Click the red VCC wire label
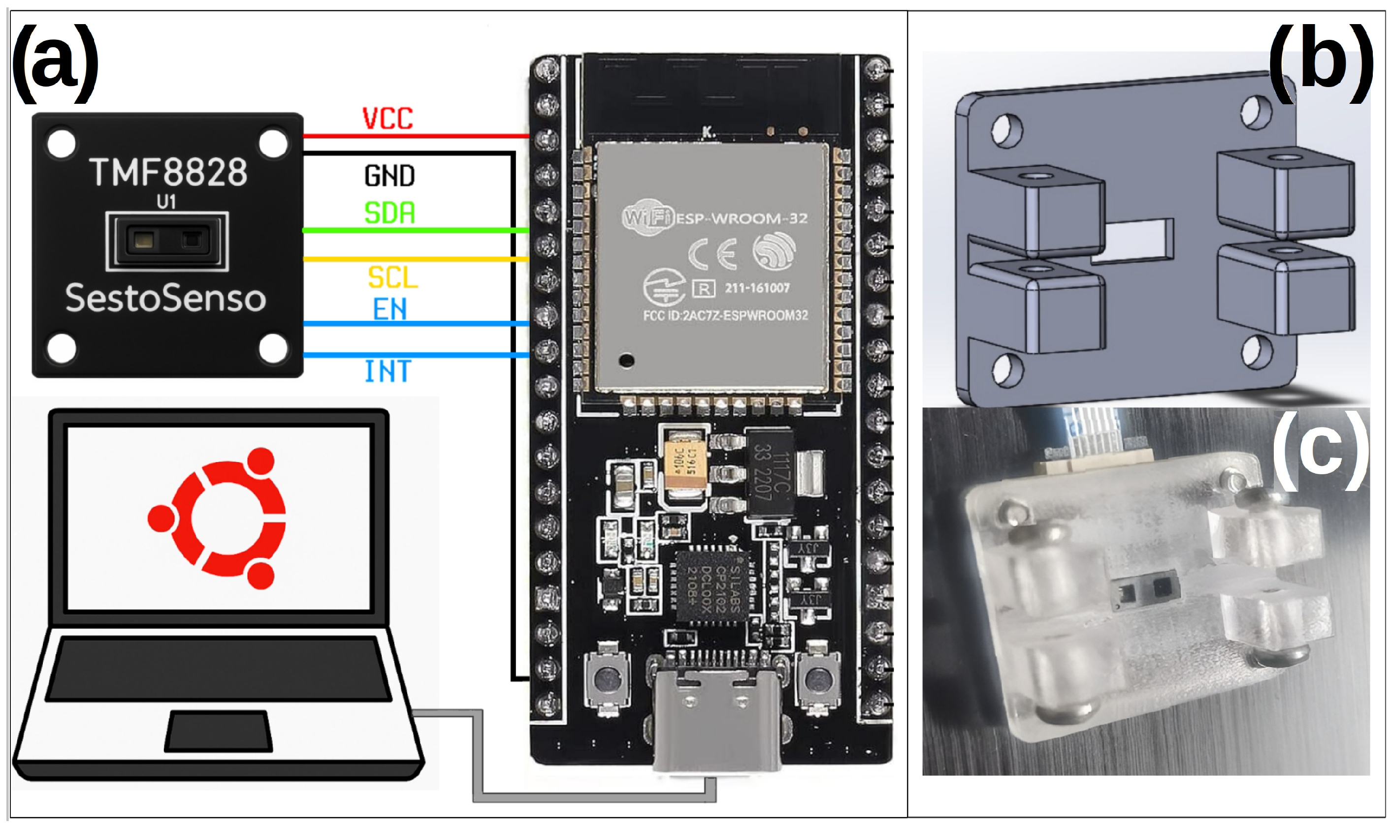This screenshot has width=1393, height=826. coord(388,119)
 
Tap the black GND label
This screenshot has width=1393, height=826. coord(389,176)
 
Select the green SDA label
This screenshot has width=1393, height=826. coord(389,213)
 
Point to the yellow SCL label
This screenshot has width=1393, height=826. coord(392,277)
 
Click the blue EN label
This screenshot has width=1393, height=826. coord(389,309)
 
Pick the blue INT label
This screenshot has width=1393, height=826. coord(388,371)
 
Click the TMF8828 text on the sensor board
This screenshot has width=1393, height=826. coord(168,172)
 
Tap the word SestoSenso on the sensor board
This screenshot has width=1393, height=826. coord(165,298)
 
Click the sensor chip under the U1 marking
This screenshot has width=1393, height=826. coord(167,241)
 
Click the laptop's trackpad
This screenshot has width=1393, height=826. coord(218,731)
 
